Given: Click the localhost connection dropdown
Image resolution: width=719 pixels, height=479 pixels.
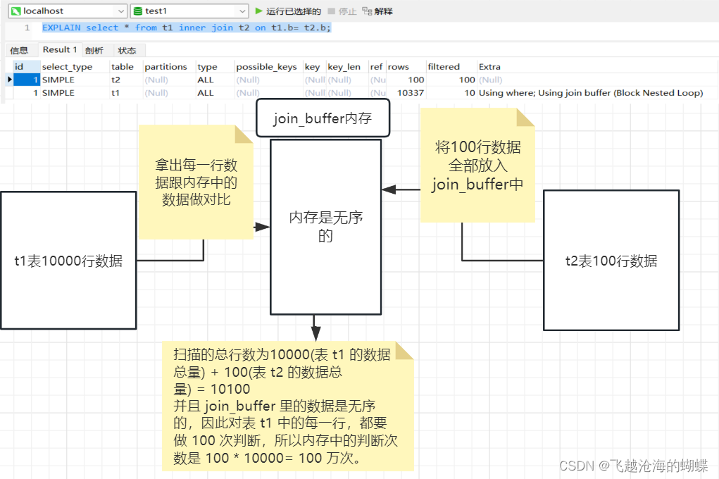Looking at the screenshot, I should [66, 11].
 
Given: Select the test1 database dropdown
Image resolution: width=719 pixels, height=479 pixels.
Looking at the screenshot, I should [189, 11].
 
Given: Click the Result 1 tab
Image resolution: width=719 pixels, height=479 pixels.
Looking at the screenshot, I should [59, 50].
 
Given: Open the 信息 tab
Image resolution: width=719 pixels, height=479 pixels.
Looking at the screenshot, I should [19, 51].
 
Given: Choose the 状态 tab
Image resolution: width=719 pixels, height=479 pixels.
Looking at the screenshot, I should [127, 51].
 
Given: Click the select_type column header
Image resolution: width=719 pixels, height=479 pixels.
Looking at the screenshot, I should [67, 67].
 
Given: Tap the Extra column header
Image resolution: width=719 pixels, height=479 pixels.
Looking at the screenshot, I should [489, 67].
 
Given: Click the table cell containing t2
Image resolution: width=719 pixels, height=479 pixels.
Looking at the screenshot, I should [116, 80].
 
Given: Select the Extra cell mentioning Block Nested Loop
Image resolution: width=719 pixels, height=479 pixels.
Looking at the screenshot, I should [590, 93].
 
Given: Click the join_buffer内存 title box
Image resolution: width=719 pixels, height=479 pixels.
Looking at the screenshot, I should [323, 119].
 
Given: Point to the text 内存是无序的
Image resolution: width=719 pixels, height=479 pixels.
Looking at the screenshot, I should [325, 227].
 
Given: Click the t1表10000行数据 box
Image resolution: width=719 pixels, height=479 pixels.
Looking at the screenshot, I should [68, 261].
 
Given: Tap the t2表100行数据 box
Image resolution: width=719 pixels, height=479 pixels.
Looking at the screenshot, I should [611, 261].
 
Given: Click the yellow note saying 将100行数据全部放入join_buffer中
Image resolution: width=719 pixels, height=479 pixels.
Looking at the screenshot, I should [476, 166].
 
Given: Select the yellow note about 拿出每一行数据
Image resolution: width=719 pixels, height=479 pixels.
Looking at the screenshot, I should [195, 182].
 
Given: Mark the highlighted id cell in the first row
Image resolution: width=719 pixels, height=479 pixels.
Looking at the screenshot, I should [26, 80].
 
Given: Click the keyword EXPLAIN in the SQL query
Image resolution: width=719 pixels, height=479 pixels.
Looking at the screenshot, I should [61, 27].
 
